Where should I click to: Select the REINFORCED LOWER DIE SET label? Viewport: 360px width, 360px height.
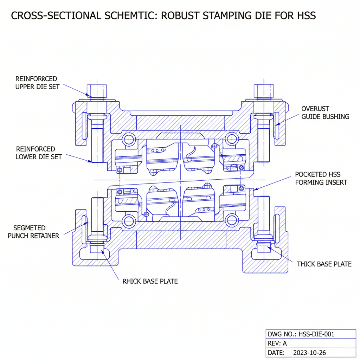point(38,153)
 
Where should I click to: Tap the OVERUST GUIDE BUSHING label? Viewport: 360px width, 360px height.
point(325,112)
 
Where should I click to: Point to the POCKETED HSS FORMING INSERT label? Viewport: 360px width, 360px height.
point(321,178)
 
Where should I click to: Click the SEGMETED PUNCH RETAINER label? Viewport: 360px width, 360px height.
point(33,232)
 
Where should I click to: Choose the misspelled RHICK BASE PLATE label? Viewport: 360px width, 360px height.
point(150,281)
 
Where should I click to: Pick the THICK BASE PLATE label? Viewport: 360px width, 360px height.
point(324,264)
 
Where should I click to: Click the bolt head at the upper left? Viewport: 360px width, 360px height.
point(97,90)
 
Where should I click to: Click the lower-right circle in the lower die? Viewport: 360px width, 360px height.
point(231,220)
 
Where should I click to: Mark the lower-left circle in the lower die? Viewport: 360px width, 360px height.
point(128,220)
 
